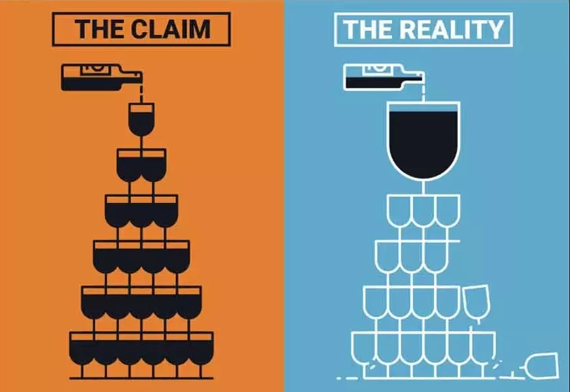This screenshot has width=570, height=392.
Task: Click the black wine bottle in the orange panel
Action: pyautogui.click(x=99, y=77)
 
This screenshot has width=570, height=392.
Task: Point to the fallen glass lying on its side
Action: pyautogui.click(x=537, y=364)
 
